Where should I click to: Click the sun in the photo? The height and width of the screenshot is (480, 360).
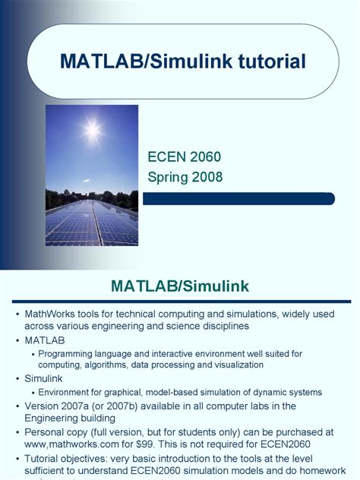click(93, 131)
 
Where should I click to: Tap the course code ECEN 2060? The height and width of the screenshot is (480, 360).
click(184, 157)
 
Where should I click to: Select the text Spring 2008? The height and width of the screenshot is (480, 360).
click(186, 177)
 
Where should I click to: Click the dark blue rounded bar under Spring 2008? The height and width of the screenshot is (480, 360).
click(238, 198)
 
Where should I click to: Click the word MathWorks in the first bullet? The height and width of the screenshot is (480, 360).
click(52, 314)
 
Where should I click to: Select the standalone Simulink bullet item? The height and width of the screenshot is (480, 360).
click(44, 377)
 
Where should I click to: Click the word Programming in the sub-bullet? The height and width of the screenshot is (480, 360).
click(69, 353)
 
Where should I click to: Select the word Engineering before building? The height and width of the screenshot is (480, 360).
click(52, 418)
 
